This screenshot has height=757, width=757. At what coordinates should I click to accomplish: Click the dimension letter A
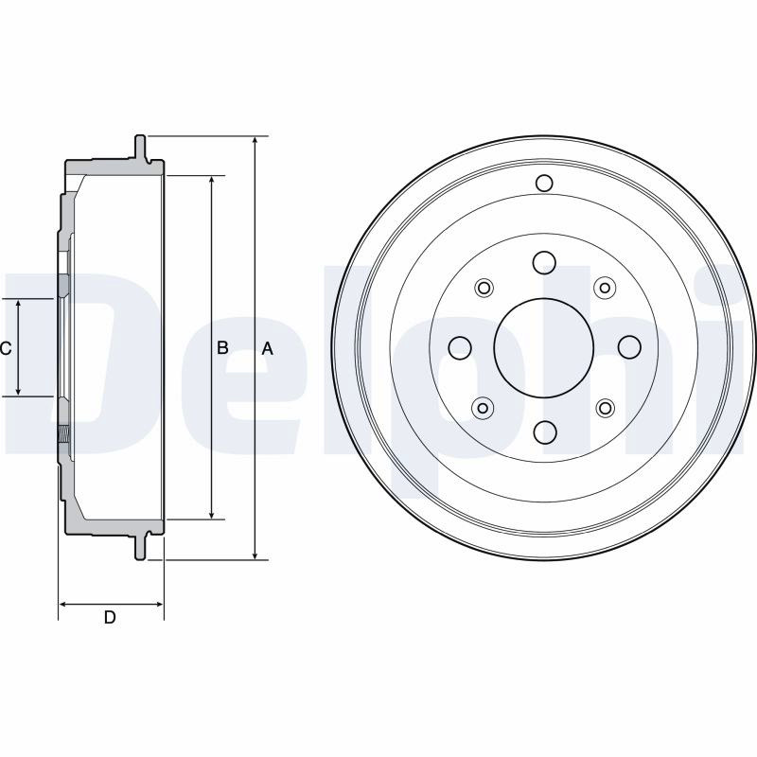267,348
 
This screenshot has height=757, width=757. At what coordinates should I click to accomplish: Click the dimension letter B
222,347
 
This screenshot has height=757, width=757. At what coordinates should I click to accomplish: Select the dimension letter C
6,348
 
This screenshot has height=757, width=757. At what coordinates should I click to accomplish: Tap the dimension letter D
110,617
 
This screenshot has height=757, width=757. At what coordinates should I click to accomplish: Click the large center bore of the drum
543,347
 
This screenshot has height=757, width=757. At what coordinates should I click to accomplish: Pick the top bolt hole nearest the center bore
544,263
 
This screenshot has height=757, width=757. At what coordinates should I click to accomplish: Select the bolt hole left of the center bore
460,347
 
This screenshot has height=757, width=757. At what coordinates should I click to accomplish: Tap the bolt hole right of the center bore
629,347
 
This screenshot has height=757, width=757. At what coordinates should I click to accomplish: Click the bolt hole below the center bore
544,432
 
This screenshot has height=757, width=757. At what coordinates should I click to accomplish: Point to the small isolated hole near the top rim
544,183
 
